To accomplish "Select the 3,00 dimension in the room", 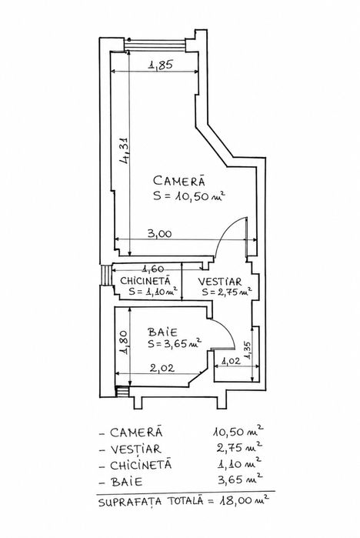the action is (x=159, y=234).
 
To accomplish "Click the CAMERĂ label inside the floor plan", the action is (x=179, y=180).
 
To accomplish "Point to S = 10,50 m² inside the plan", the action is (x=189, y=196).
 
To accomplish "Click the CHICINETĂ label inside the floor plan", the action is (x=145, y=281).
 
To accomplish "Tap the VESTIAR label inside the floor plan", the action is (x=220, y=282).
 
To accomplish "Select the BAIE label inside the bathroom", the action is (x=162, y=332).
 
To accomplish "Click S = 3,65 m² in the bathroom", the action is (x=174, y=343).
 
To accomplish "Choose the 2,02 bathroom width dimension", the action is (x=162, y=369).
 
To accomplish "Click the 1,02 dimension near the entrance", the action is (x=231, y=361).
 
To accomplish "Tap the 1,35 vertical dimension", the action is (x=248, y=350).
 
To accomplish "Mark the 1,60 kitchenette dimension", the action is (x=153, y=269).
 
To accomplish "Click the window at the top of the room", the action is (x=155, y=45).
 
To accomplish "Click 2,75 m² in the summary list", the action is (x=240, y=447).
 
